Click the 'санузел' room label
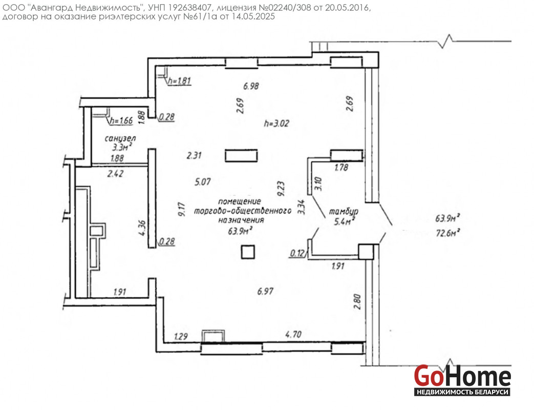[120, 138]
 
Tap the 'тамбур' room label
[343, 212]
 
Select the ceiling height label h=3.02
[276, 123]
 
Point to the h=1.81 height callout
[179, 81]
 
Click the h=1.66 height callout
[121, 120]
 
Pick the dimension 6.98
[251, 86]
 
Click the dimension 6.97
[265, 292]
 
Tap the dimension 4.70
[293, 334]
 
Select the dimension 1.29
[181, 336]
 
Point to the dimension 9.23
[281, 189]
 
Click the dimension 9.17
[182, 209]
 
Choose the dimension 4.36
[142, 228]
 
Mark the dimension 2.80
[357, 302]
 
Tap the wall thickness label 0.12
[297, 253]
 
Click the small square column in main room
[248, 252]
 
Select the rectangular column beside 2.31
[241, 155]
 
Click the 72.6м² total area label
[448, 233]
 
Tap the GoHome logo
[462, 380]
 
